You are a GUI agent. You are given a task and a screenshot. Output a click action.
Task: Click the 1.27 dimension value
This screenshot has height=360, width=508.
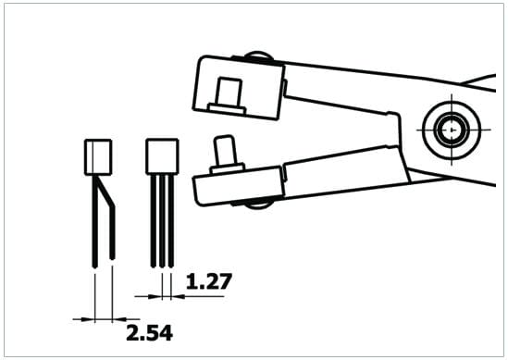click(x=209, y=281)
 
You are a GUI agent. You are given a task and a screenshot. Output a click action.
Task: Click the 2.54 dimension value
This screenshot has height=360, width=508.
click(x=149, y=333)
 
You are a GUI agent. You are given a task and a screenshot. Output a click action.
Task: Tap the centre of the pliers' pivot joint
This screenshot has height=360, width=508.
click(x=452, y=130)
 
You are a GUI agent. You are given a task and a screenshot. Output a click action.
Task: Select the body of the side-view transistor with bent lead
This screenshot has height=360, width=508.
click(x=98, y=157)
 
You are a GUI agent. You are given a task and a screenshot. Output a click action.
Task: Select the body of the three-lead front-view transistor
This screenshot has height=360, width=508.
click(x=162, y=156)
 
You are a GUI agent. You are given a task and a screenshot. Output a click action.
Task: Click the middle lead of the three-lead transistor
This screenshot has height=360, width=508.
click(x=162, y=220)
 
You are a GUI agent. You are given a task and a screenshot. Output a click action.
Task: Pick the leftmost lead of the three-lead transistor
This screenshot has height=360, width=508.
click(x=154, y=220)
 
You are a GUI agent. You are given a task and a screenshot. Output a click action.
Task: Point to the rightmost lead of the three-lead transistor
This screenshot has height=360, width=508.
click(x=171, y=220)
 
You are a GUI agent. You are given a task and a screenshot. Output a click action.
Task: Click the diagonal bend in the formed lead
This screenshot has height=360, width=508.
click(x=105, y=192)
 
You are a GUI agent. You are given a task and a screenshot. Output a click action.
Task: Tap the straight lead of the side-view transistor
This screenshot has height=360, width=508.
click(x=94, y=221)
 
